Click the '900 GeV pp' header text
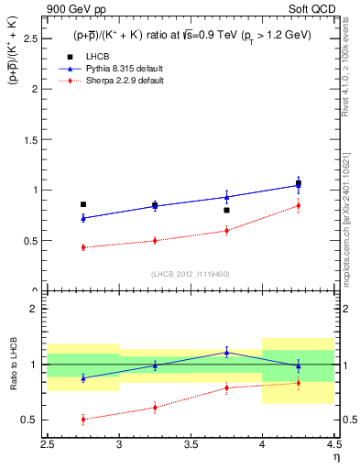point(72,9)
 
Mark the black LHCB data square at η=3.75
point(226,210)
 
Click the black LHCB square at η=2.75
point(83,204)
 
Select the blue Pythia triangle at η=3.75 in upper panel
point(226,196)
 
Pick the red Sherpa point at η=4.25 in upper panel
point(298,206)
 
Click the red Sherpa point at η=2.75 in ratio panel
point(83,420)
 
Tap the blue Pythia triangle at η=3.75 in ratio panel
point(226,352)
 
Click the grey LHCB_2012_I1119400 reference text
point(191,275)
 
